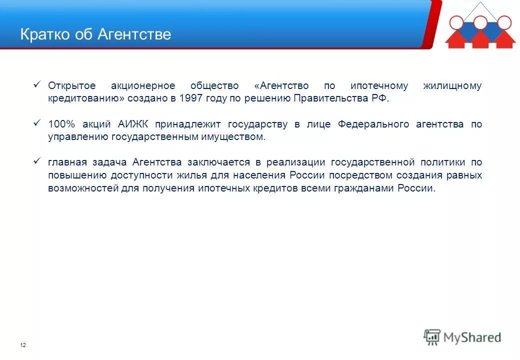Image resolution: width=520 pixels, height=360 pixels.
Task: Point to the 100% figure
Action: (60, 124)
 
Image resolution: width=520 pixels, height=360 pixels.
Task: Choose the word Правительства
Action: (327, 98)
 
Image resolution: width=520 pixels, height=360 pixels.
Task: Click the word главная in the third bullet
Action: (67, 162)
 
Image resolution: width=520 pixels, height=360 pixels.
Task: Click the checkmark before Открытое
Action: (36, 84)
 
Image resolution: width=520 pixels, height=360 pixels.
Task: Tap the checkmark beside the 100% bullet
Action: (36, 123)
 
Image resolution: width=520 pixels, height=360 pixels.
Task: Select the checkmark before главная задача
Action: (36, 161)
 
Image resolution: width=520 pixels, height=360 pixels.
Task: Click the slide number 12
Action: (23, 345)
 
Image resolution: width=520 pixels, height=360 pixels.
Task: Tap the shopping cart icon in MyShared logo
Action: (432, 337)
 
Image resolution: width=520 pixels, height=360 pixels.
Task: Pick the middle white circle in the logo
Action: (480, 22)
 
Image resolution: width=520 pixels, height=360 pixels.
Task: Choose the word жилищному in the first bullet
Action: (452, 85)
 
